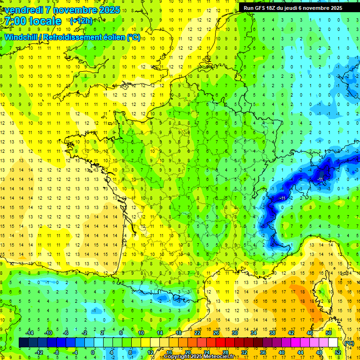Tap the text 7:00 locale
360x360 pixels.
[33, 22]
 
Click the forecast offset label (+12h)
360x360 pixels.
[81, 21]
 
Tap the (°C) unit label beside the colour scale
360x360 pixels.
[349, 343]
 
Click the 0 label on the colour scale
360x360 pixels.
[93, 352]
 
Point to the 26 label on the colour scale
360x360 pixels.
[216, 332]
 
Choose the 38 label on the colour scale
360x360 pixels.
[272, 332]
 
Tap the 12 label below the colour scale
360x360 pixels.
[150, 352]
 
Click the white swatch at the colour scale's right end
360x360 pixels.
[333, 343]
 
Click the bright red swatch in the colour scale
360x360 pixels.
[221, 343]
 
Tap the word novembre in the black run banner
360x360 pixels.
[317, 8]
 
